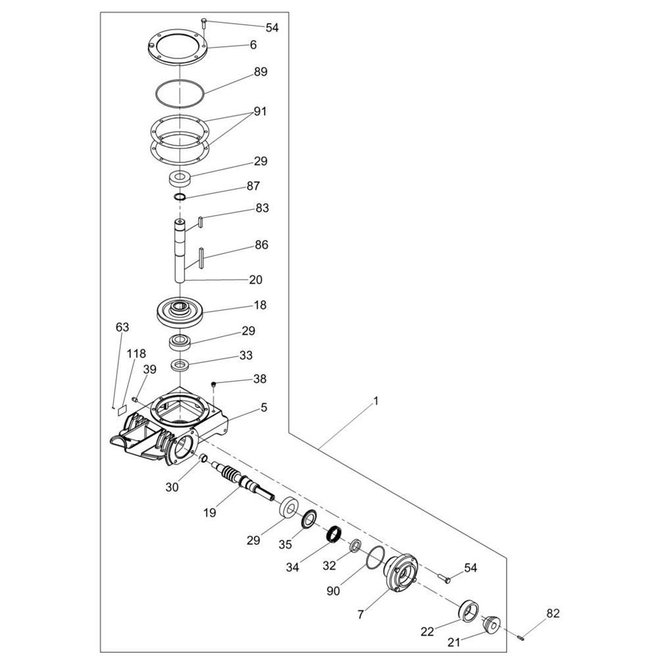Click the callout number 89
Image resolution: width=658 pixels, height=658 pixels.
(261, 72)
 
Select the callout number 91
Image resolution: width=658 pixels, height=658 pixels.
(260, 112)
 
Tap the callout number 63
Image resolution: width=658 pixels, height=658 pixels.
(122, 327)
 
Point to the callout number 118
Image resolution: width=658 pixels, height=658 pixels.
(136, 353)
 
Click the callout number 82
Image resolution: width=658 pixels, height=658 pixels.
(553, 613)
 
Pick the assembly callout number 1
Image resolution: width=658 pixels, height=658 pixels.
(376, 401)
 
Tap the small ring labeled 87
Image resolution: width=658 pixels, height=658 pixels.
(180, 197)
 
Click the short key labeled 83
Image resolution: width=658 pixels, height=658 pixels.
(201, 222)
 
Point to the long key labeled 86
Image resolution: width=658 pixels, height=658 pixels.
(201, 258)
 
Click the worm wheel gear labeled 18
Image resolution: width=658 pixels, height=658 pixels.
(180, 313)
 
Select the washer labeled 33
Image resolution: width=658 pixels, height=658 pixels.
(180, 365)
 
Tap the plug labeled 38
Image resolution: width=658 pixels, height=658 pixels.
(214, 384)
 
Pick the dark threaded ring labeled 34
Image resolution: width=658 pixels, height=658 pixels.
(334, 534)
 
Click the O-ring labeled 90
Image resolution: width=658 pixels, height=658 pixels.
(375, 558)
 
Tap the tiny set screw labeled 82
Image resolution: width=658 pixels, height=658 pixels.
(522, 638)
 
